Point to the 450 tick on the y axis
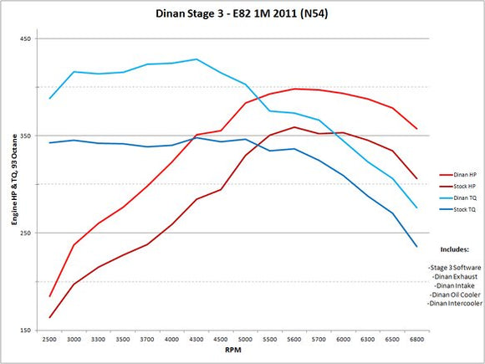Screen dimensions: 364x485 [26, 38]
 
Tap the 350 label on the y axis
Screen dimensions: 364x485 [26, 136]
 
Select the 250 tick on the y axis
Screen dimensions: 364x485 [26, 233]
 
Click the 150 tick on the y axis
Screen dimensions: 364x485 [26, 330]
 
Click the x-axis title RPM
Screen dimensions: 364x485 [233, 352]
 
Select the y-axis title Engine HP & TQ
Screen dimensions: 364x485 [11, 184]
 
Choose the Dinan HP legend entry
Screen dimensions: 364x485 [462, 173]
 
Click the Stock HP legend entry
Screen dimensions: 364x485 [462, 185]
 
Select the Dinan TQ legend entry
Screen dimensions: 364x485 [462, 197]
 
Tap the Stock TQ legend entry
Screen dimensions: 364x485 [462, 208]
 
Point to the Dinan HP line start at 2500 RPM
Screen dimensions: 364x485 [50, 296]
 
